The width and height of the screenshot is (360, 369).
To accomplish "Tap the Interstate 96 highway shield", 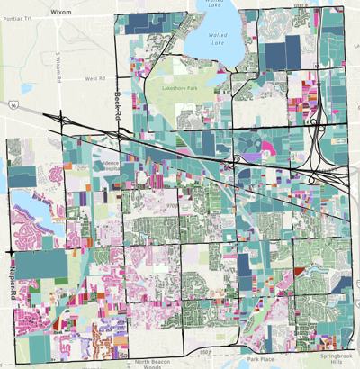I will tap(14, 105).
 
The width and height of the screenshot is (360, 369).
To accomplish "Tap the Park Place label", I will tap(260, 359).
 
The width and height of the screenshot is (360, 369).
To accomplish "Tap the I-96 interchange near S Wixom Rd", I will tap(59, 118).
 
